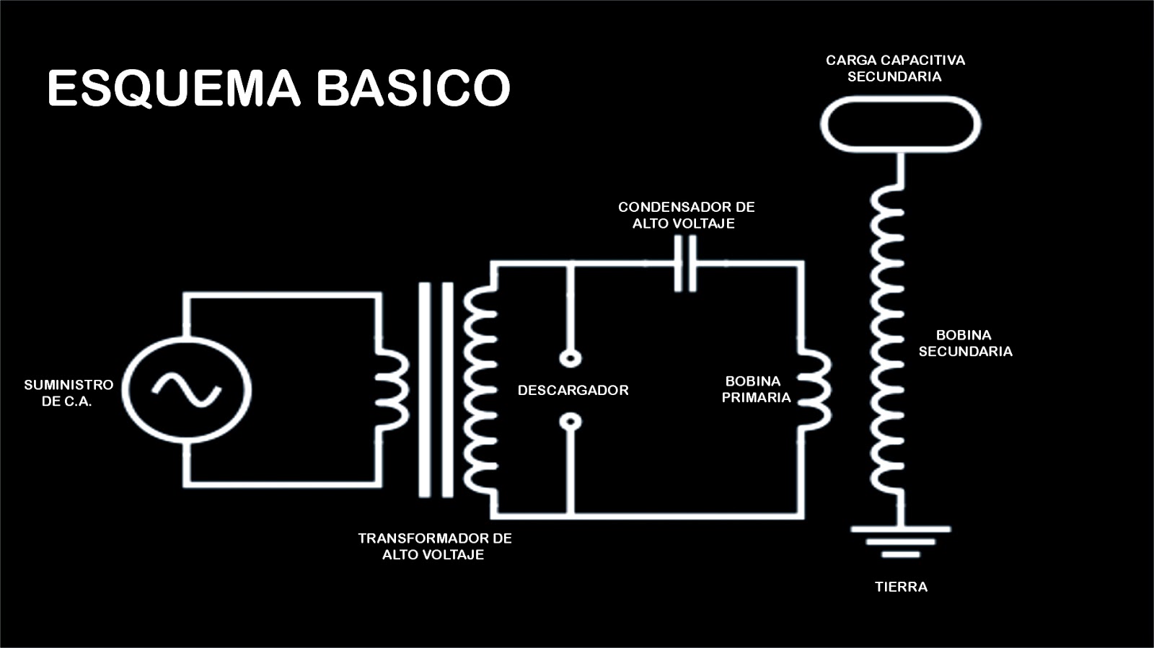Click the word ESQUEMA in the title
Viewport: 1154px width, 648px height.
pos(173,88)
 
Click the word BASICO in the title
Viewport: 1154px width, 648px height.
pos(413,88)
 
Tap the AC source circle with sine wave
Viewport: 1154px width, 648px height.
pos(187,389)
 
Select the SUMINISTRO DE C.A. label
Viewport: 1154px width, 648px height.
pos(68,393)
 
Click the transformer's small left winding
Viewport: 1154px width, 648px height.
pos(392,389)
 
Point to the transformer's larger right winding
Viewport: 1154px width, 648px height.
pos(480,389)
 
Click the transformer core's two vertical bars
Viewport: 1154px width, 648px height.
pos(436,389)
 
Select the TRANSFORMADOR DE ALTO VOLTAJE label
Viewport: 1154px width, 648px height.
pos(434,546)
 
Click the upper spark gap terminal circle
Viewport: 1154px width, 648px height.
pos(571,358)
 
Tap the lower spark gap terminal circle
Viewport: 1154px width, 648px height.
pos(571,422)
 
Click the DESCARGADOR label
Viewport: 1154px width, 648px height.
pos(573,390)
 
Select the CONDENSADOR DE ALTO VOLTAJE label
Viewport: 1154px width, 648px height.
pos(686,215)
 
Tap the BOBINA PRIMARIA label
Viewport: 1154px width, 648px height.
pos(754,389)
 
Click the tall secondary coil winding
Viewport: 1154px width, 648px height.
pos(887,339)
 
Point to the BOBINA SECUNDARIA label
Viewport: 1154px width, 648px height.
pos(964,343)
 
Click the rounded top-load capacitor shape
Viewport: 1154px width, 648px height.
pos(900,124)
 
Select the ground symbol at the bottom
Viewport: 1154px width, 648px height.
pos(900,541)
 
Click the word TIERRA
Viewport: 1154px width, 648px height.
pos(901,587)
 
